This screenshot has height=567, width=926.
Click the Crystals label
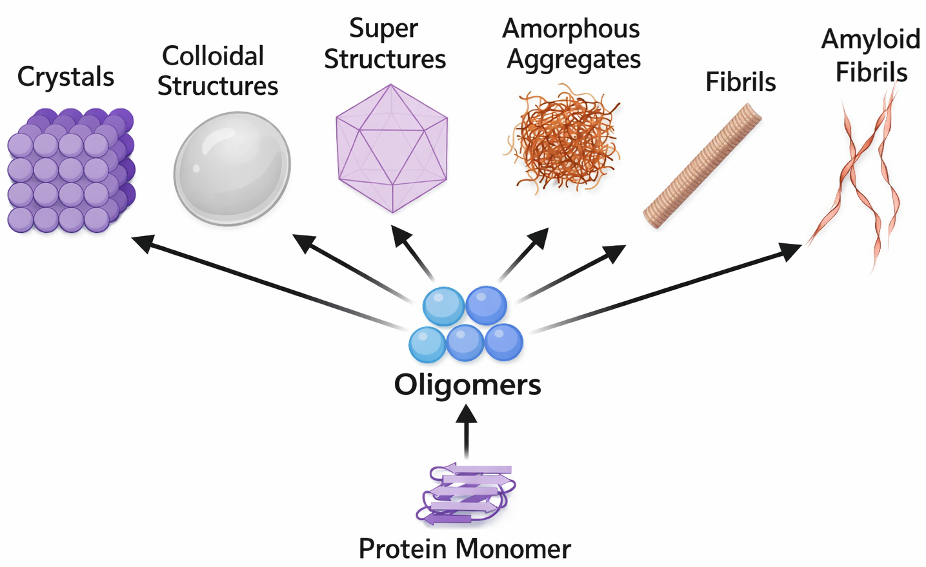[x=65, y=77]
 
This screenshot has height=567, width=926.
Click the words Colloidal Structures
[x=217, y=71]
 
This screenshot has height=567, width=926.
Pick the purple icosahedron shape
[x=392, y=149]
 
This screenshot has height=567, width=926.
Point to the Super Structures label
[x=385, y=44]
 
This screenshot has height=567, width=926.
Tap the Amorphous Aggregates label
[x=572, y=44]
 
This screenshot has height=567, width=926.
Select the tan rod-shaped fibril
[x=703, y=166]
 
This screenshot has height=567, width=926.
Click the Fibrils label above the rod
[x=740, y=82]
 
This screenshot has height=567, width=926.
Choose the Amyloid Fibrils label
[x=871, y=55]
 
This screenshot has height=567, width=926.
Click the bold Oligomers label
[x=467, y=384]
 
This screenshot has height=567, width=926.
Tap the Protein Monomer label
[x=465, y=549]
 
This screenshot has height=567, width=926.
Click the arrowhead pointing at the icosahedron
[x=401, y=235]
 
